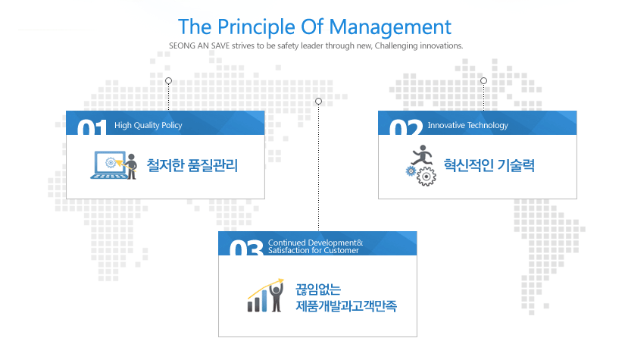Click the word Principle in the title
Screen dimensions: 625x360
point(256,28)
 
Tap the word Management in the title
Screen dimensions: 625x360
point(390,28)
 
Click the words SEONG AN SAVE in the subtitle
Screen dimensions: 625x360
point(199,45)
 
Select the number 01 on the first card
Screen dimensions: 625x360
point(92,127)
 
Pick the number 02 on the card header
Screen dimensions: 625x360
point(406,127)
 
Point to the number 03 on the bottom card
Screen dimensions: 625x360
point(246,248)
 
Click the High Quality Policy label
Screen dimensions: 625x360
point(148,125)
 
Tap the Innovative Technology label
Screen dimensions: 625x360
point(468,125)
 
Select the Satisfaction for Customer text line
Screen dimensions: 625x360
point(314,250)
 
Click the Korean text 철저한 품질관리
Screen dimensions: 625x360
point(192,165)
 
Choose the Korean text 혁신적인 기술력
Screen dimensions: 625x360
point(489,165)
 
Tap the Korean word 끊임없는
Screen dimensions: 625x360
point(318,290)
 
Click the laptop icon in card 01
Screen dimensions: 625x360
point(108,164)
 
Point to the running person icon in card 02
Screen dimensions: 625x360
point(422,155)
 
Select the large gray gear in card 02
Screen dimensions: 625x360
point(426,177)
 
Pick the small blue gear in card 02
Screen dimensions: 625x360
point(411,171)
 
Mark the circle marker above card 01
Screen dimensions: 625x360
point(169,81)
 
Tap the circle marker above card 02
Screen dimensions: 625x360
point(483,80)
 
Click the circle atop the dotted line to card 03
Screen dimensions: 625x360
point(318,102)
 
